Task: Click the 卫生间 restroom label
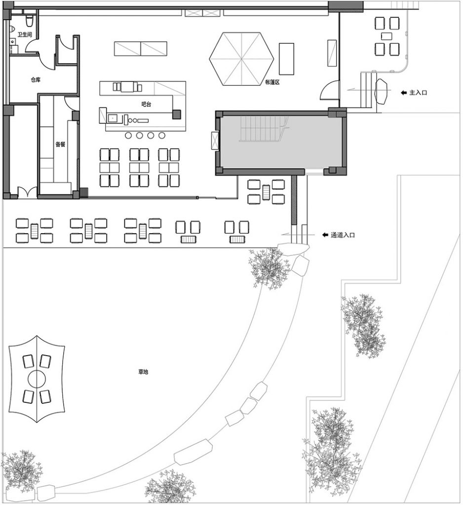(x=25, y=35)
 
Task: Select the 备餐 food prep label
(x=61, y=144)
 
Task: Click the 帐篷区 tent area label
(x=272, y=82)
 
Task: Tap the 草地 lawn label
(x=143, y=372)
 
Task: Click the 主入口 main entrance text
(x=418, y=92)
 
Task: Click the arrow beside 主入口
(x=403, y=92)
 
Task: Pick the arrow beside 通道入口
(x=325, y=235)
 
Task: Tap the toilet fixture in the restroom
(x=30, y=21)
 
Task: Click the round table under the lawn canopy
(x=38, y=379)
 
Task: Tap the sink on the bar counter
(x=112, y=118)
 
